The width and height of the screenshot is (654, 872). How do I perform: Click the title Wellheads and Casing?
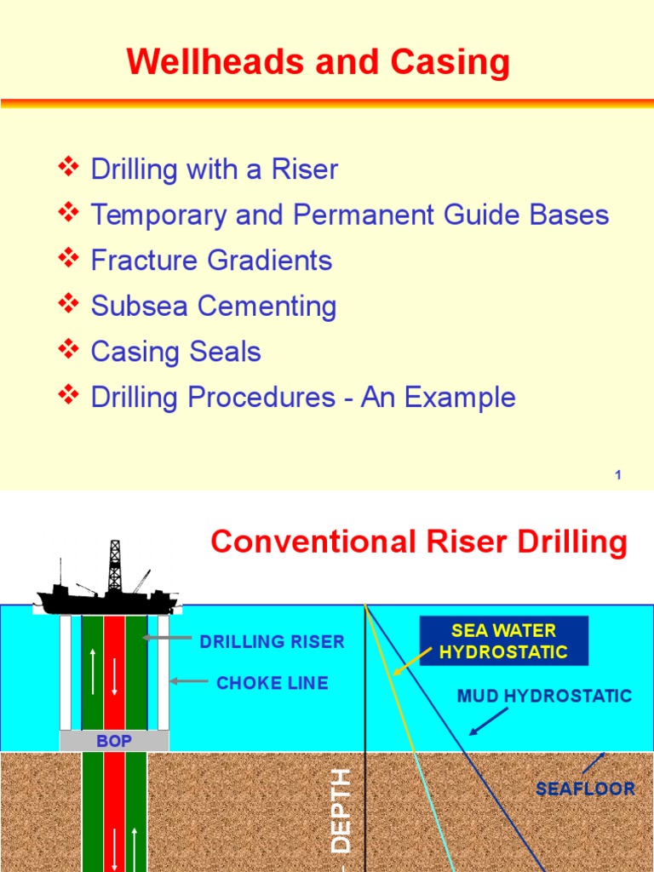point(318,63)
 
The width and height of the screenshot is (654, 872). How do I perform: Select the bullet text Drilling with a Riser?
point(214,169)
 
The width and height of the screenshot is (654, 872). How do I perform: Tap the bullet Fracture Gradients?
point(211,260)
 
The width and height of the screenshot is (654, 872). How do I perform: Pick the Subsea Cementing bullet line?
point(214,306)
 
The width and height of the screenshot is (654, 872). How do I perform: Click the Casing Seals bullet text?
point(175,352)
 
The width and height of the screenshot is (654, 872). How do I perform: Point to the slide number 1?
point(618,474)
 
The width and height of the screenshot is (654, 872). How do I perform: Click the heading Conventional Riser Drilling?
point(418,542)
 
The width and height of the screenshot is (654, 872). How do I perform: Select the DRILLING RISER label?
point(272,642)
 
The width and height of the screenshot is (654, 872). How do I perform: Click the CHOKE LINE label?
point(272,683)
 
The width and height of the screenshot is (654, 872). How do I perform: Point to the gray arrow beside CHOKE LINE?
point(189,681)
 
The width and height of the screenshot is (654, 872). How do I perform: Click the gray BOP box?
point(114,741)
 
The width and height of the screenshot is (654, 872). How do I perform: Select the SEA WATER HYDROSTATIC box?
point(502,641)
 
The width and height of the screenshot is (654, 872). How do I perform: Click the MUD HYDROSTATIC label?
point(544,696)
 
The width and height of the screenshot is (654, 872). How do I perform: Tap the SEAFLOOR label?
point(585,789)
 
